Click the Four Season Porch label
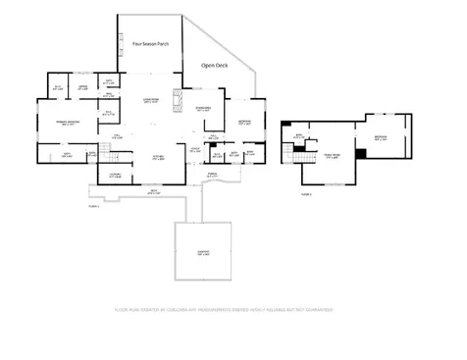tap(150, 45)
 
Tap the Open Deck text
tap(215, 65)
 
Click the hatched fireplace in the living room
tap(178, 99)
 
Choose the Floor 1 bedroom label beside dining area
tap(244, 123)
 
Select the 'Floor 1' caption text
tap(94, 207)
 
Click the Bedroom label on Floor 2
tap(381, 138)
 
